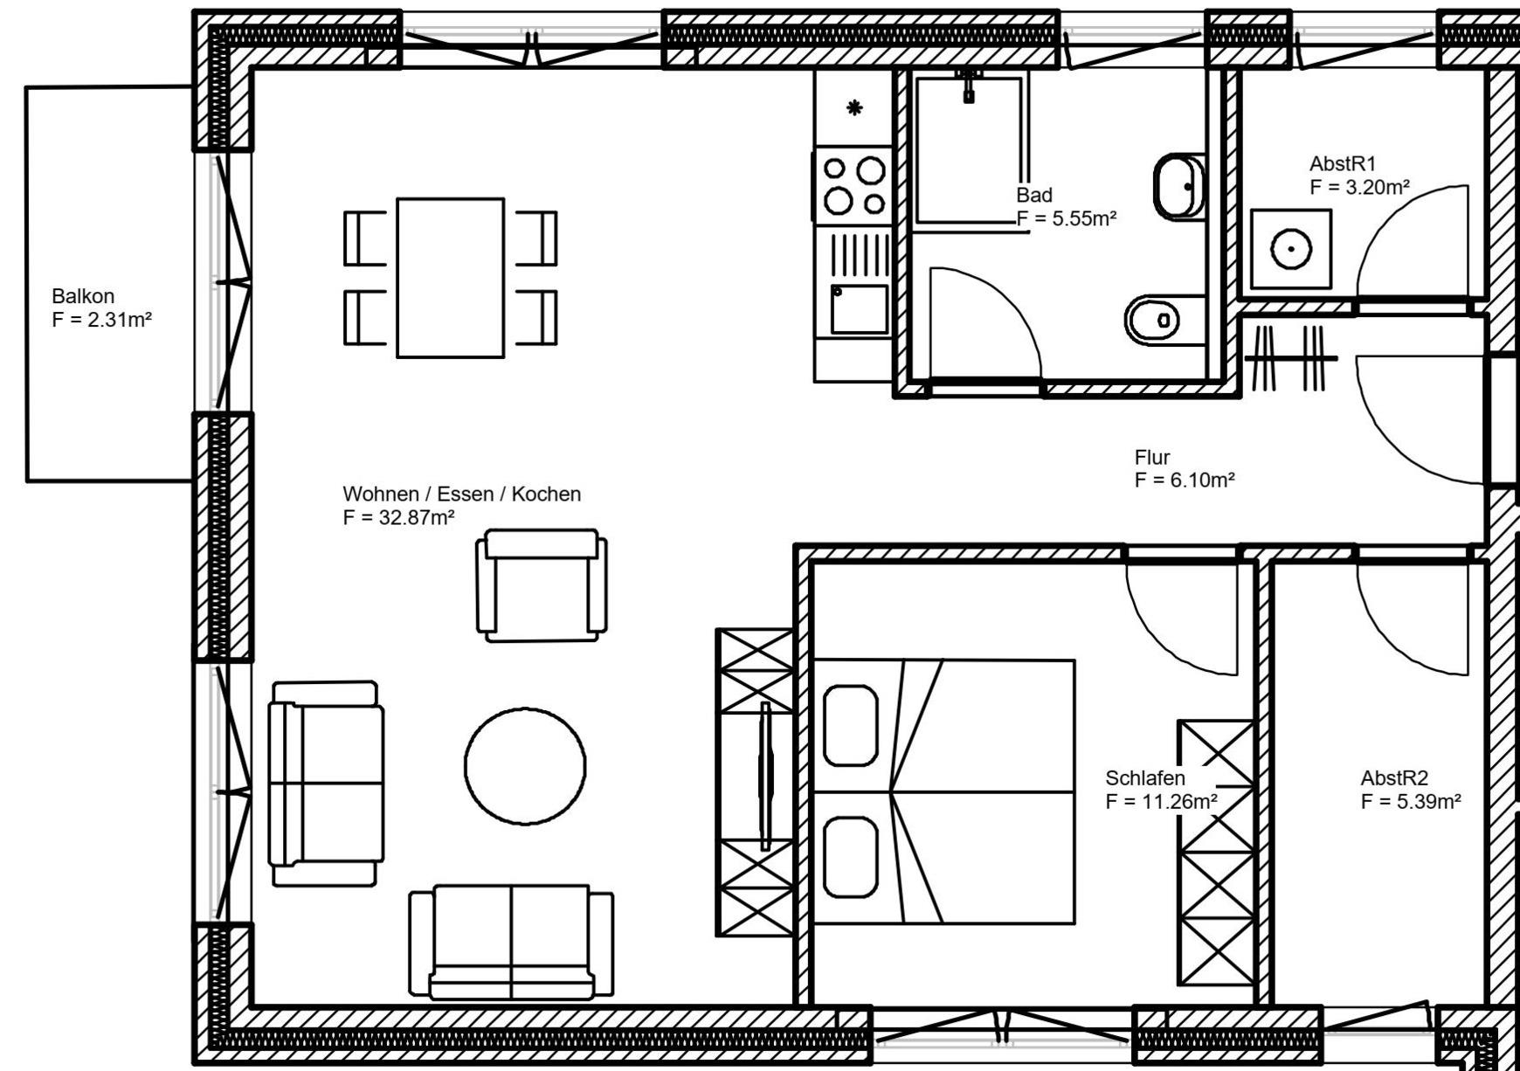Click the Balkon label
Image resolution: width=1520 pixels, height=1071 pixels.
(x=83, y=296)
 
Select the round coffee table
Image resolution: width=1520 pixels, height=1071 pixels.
(x=525, y=766)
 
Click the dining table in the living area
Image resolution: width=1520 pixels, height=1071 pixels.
(x=450, y=278)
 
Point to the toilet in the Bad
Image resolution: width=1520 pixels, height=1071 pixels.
(x=1153, y=320)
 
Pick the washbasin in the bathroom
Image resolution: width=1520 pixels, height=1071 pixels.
(x=1179, y=187)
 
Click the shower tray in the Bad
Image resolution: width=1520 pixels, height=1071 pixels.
(x=968, y=150)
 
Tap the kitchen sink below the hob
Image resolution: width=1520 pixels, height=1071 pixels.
(x=859, y=309)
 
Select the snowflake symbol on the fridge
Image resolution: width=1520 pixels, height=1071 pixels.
(x=854, y=108)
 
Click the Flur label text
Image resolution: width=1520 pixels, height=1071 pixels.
(x=1151, y=457)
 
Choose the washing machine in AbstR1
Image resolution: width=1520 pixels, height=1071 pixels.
(x=1291, y=250)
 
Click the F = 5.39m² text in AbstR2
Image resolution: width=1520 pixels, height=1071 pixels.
(x=1411, y=802)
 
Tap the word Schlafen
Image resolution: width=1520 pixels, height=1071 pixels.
(x=1145, y=777)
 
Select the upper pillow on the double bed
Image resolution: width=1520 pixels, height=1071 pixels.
(x=850, y=726)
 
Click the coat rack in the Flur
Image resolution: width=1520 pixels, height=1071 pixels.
(x=1290, y=358)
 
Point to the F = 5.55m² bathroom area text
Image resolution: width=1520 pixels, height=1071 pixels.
(x=1067, y=218)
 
